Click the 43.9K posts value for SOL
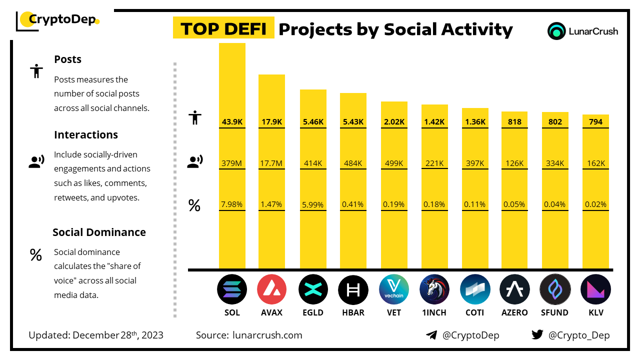pyautogui.click(x=232, y=121)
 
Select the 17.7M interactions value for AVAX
pyautogui.click(x=271, y=163)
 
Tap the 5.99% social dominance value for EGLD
pyautogui.click(x=313, y=204)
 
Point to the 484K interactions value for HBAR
pyautogui.click(x=353, y=163)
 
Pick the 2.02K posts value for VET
pyautogui.click(x=394, y=121)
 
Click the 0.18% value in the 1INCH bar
pyautogui.click(x=434, y=204)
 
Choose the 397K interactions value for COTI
pyautogui.click(x=475, y=163)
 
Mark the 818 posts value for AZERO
pyautogui.click(x=514, y=121)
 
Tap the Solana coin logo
pyautogui.click(x=232, y=289)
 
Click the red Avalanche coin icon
pyautogui.click(x=271, y=289)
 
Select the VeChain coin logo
pyautogui.click(x=394, y=289)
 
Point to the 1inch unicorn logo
pyautogui.click(x=434, y=289)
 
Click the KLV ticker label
pyautogui.click(x=595, y=312)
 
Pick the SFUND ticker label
pyautogui.click(x=555, y=312)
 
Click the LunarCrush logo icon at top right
pyautogui.click(x=556, y=31)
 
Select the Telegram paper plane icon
pyautogui.click(x=431, y=335)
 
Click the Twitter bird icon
pyautogui.click(x=537, y=335)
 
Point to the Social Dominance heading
pyautogui.click(x=99, y=232)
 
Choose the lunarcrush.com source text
pyautogui.click(x=267, y=335)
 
